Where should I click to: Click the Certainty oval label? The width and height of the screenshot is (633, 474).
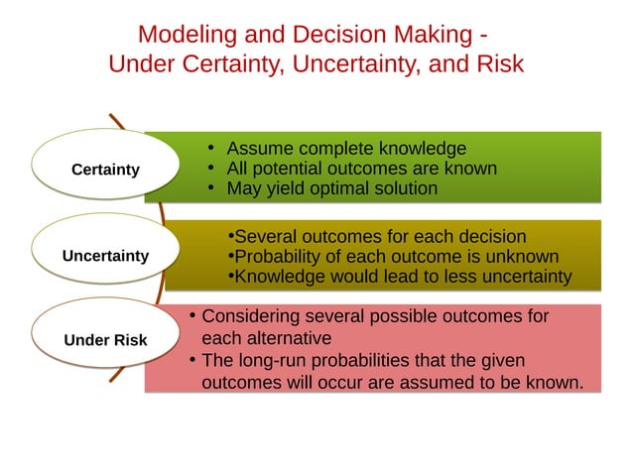(105, 170)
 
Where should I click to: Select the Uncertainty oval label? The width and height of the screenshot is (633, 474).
(105, 255)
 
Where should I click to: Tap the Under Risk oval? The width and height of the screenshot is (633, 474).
(105, 340)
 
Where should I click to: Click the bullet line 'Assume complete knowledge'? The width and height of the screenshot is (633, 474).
(346, 149)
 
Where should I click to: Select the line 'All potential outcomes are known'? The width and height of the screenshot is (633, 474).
(361, 169)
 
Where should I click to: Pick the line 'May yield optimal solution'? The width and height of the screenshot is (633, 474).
(331, 188)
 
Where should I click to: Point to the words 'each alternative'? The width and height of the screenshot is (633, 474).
(266, 338)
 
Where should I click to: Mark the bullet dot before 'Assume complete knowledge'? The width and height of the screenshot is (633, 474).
(212, 149)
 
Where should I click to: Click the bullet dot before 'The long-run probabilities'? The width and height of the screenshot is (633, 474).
(190, 360)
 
